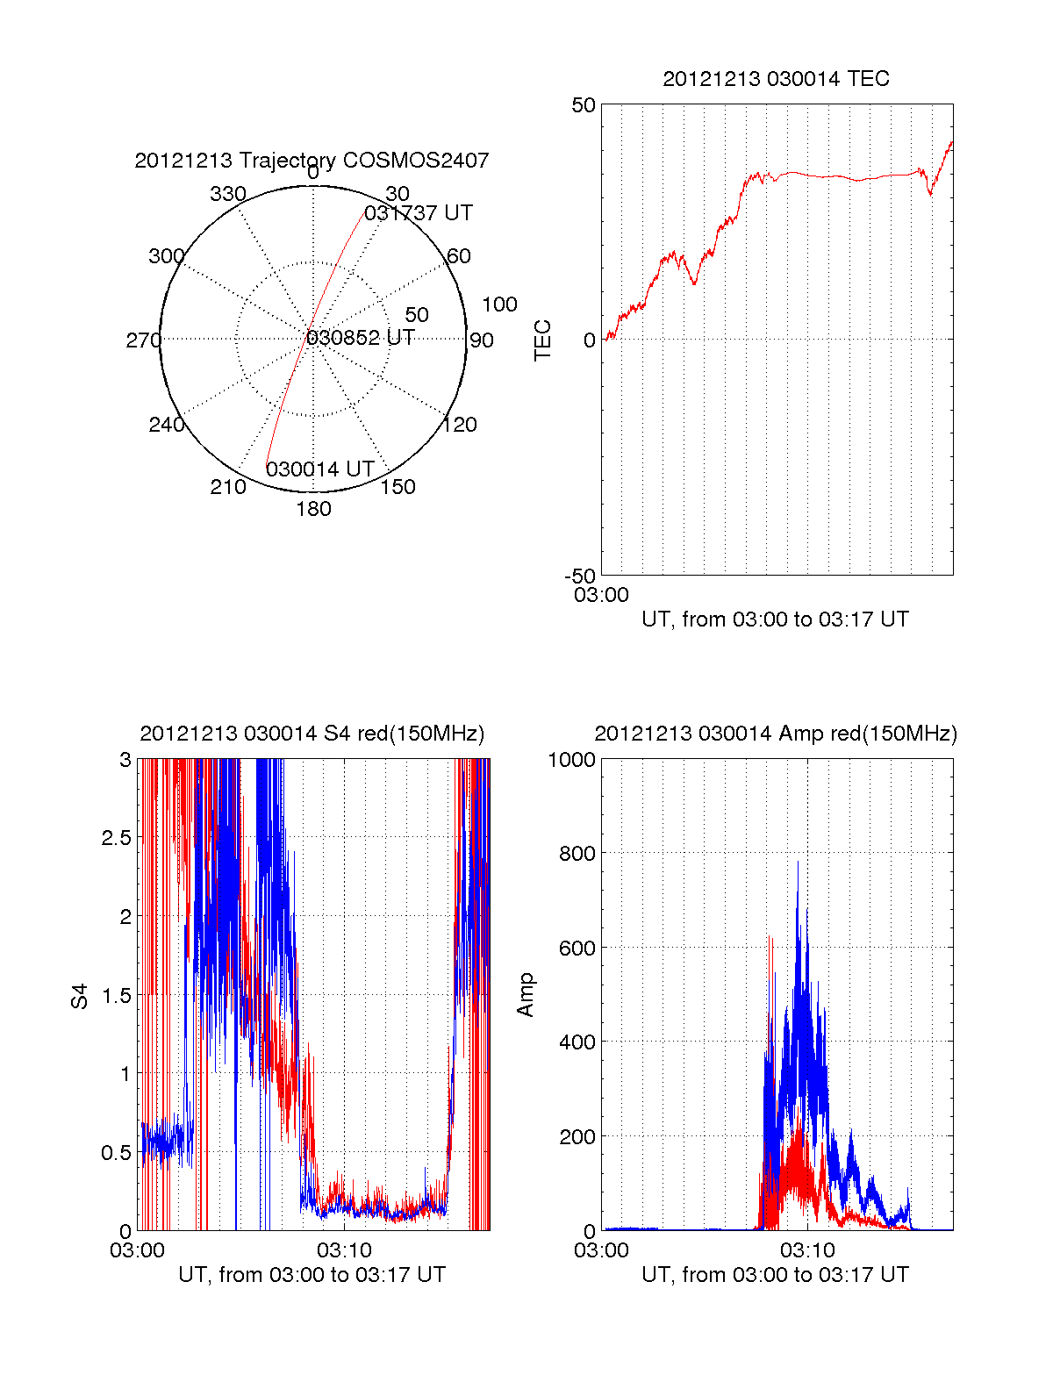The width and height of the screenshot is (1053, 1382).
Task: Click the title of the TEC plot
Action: point(776,79)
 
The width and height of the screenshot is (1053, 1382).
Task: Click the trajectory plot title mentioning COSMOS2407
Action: point(312,161)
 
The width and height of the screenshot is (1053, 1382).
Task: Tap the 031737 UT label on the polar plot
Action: point(419,213)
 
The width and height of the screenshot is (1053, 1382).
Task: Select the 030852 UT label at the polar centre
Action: point(361,338)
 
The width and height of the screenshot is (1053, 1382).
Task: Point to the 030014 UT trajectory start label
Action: point(320,469)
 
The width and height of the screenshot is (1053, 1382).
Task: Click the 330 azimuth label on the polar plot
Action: point(227,194)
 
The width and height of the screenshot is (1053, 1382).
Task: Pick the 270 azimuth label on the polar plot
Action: point(143,340)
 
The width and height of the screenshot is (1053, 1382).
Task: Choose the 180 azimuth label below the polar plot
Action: point(313,509)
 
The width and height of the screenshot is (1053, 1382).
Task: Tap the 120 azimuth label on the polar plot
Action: point(460,426)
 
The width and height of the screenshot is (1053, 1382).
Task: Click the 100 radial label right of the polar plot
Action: point(499,304)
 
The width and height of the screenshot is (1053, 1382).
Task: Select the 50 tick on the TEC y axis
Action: point(584,105)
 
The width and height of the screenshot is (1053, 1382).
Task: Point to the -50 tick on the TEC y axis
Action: point(580,576)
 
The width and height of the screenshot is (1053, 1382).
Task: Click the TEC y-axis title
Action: point(543,340)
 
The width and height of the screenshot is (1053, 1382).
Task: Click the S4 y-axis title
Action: point(80,996)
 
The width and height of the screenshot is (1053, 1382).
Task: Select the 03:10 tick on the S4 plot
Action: point(344,1250)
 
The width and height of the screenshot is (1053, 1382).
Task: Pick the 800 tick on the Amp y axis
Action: point(577,853)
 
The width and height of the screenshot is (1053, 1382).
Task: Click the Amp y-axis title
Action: point(526,994)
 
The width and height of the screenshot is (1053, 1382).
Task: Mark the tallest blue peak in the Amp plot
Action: point(798,863)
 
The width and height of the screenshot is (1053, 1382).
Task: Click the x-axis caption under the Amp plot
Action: point(776,1275)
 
